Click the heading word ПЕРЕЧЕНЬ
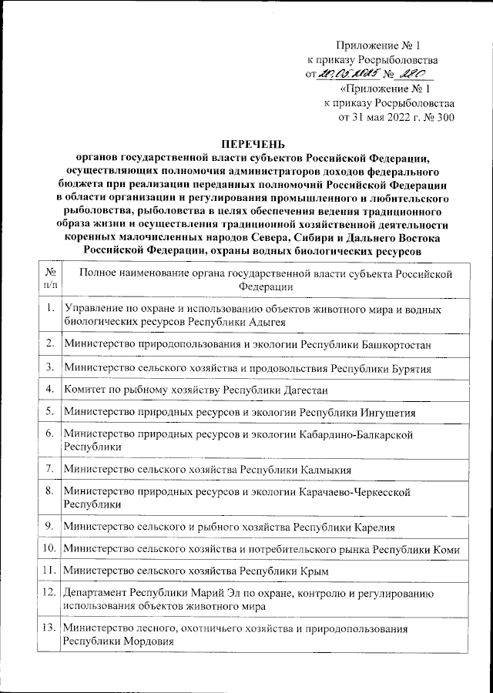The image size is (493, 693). [247, 143]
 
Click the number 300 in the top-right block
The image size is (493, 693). [444, 118]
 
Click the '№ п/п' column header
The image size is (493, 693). [49, 280]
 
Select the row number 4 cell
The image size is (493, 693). [49, 389]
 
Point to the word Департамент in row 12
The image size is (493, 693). [96, 594]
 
